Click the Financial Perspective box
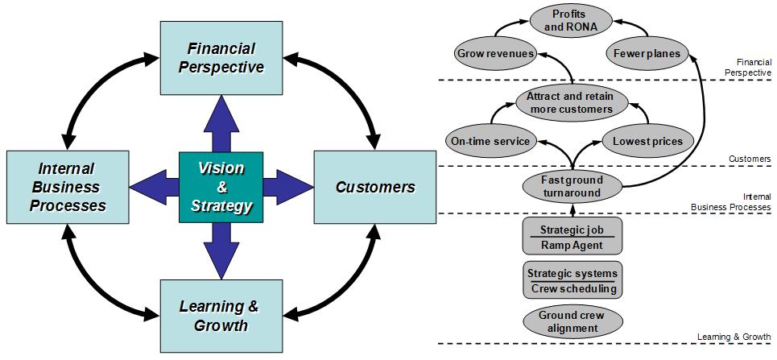click(221, 57)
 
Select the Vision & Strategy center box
click(221, 187)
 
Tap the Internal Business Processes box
click(68, 187)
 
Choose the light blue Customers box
click(374, 187)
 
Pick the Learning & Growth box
click(221, 316)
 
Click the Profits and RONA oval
click(573, 21)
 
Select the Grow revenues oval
click(495, 55)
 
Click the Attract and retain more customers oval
click(569, 102)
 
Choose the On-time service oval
click(490, 142)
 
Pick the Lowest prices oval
click(647, 142)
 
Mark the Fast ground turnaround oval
click(572, 187)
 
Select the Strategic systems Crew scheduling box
click(572, 280)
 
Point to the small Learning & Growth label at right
click(734, 337)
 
